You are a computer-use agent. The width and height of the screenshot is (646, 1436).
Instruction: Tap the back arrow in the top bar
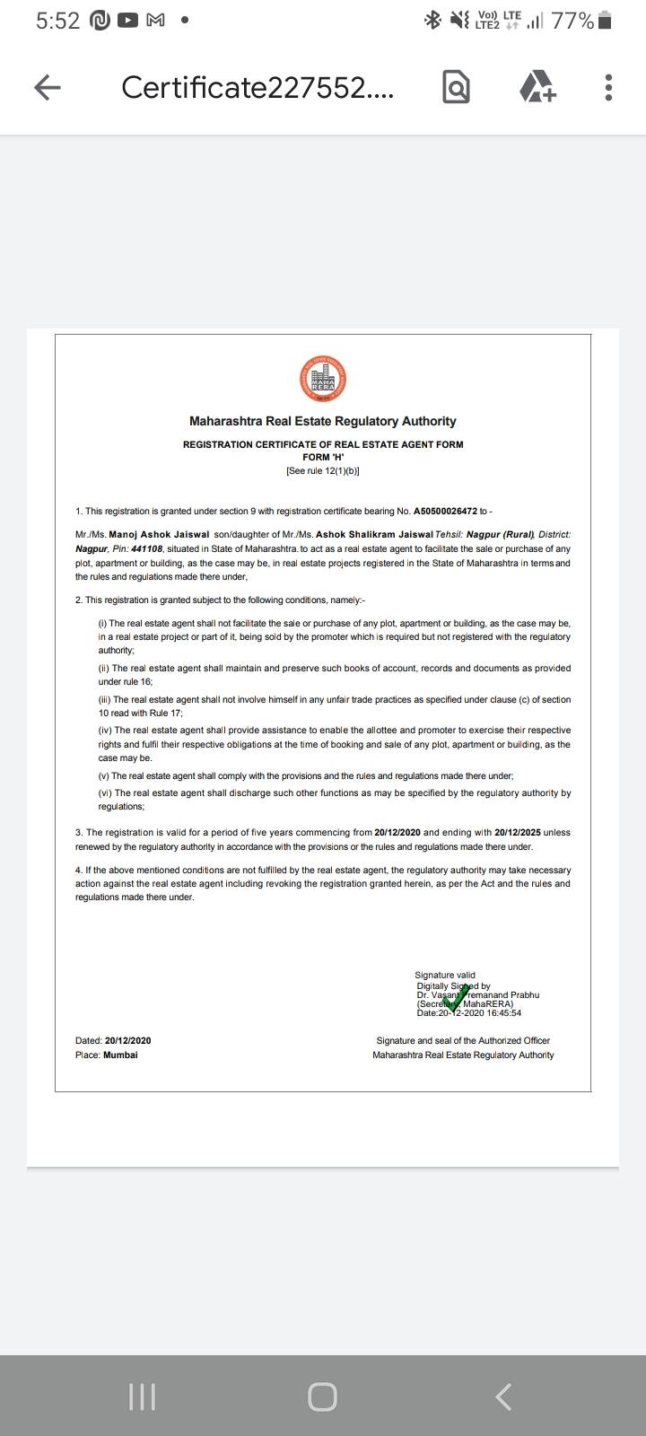[48, 87]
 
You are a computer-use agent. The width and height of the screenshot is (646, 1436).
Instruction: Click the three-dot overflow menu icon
[608, 87]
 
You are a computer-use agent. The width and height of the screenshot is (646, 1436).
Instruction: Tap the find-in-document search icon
[456, 87]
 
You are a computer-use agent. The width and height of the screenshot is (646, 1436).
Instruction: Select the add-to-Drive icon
[537, 87]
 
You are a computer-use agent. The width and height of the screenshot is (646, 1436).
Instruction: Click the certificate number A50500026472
[445, 512]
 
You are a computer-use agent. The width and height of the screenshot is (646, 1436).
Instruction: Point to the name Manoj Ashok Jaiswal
[159, 534]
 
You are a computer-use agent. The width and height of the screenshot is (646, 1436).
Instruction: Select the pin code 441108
[147, 548]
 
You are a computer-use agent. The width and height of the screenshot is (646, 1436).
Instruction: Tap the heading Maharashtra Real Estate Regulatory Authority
[323, 421]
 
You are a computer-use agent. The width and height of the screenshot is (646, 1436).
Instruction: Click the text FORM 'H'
[323, 457]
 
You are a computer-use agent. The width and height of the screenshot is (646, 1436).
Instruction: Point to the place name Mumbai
[120, 1055]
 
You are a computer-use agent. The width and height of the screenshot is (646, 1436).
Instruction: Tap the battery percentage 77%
[572, 21]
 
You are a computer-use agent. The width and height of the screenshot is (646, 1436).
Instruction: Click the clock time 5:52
[58, 21]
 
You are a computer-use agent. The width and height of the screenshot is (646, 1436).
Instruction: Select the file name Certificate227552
[257, 87]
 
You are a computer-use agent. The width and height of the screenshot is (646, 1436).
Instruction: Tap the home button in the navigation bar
[323, 1397]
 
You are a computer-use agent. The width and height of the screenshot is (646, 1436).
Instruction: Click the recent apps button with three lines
[143, 1397]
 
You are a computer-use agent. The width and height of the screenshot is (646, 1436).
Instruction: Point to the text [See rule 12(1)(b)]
[323, 470]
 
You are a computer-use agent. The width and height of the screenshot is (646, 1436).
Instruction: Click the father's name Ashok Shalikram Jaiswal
[374, 534]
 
